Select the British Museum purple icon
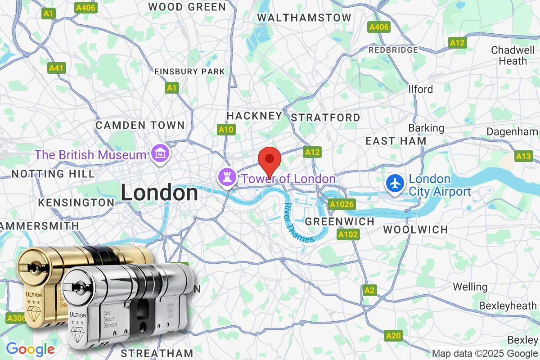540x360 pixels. tap(160, 154)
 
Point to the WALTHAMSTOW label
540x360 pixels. tap(304, 18)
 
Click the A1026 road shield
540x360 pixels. tap(342, 205)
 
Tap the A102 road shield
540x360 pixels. tap(348, 234)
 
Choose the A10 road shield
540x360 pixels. tap(226, 130)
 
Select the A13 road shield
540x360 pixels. tap(523, 156)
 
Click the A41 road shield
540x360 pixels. tap(57, 68)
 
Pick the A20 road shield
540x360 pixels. tap(393, 335)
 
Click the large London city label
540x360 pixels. tap(159, 193)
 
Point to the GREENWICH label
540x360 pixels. tap(340, 221)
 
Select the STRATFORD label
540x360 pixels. tap(326, 118)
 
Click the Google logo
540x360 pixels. tap(30, 349)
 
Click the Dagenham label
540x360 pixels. tap(513, 132)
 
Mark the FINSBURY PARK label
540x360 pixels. tap(189, 72)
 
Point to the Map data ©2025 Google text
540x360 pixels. tap(485, 353)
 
